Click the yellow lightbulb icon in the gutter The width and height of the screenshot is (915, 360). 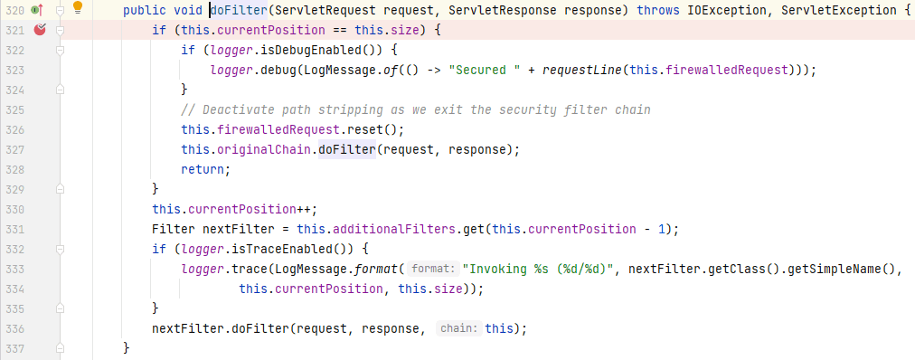pyautogui.click(x=78, y=7)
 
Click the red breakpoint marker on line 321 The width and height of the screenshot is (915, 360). pyautogui.click(x=40, y=30)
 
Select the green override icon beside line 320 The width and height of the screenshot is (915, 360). pyautogui.click(x=37, y=9)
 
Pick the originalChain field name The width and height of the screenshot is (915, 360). pyautogui.click(x=264, y=149)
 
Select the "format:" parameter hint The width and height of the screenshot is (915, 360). pyautogui.click(x=432, y=270)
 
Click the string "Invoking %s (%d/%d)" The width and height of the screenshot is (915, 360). pyautogui.click(x=539, y=270)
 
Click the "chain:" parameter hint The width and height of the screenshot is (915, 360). pyautogui.click(x=459, y=329)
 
